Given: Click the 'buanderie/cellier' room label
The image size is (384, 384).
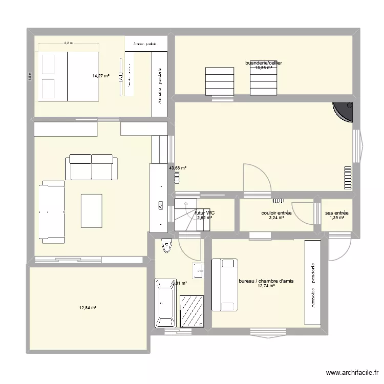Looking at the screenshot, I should tap(264, 63).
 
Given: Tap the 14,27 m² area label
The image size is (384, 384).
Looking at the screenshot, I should tap(101, 76).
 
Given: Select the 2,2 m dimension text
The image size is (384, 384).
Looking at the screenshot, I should tap(68, 44).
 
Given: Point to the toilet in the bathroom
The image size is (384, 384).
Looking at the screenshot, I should tap(166, 247).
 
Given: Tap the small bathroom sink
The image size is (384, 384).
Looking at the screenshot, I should tap(199, 269).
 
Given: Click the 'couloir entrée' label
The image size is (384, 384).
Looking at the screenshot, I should tap(276, 213).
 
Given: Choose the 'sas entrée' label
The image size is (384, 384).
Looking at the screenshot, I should tap(336, 213).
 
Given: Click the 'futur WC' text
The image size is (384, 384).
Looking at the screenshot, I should tap(204, 212).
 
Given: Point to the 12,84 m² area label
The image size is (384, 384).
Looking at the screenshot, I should tap(88, 308).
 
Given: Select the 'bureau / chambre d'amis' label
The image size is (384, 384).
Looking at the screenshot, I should tap(266, 281).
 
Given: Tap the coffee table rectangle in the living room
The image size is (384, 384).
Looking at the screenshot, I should tap(91, 210).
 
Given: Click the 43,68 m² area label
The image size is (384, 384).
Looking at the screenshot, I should tap(178, 167).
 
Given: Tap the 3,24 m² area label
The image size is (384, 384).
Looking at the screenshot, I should tap(276, 218).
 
